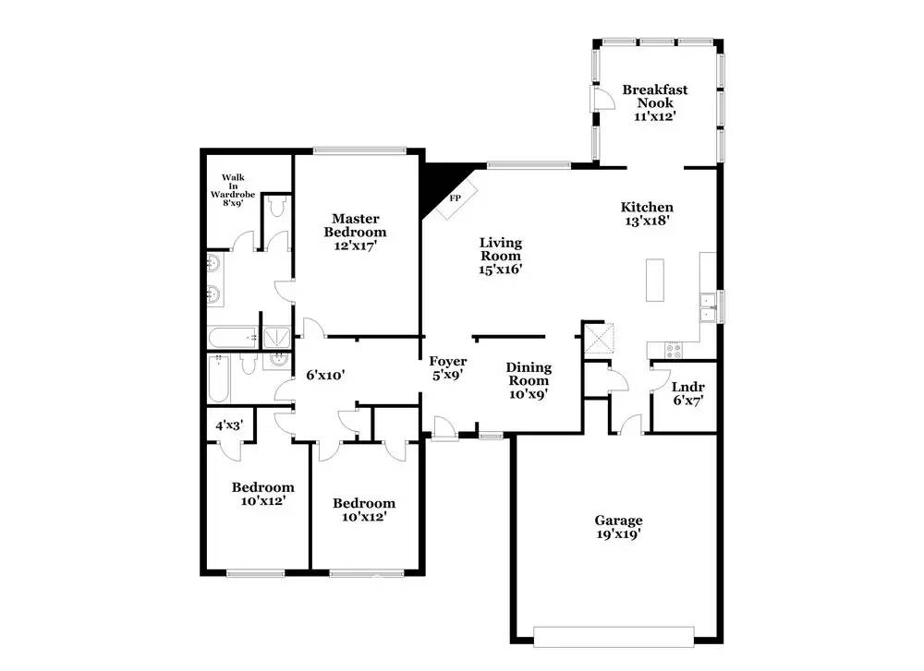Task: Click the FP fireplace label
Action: tap(455, 198)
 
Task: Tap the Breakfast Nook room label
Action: tap(655, 96)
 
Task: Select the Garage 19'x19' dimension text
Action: tap(618, 534)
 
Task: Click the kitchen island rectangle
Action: tap(655, 281)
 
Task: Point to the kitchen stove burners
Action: tap(674, 350)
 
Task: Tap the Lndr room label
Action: tap(687, 388)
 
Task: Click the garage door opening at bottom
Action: tap(614, 637)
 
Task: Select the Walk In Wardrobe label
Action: tap(233, 186)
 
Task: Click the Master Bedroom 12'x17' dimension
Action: tap(356, 246)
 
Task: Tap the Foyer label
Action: tap(448, 362)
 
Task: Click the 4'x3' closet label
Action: tap(229, 425)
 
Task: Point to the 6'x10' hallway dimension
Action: tap(325, 375)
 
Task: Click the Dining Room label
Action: tap(529, 374)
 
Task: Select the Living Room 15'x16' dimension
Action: tap(501, 270)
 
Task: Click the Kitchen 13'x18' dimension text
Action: tap(647, 222)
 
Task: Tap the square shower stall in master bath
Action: tap(275, 337)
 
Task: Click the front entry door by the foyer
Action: tap(445, 428)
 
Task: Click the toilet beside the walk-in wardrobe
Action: tap(275, 206)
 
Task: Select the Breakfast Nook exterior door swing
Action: tap(602, 98)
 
